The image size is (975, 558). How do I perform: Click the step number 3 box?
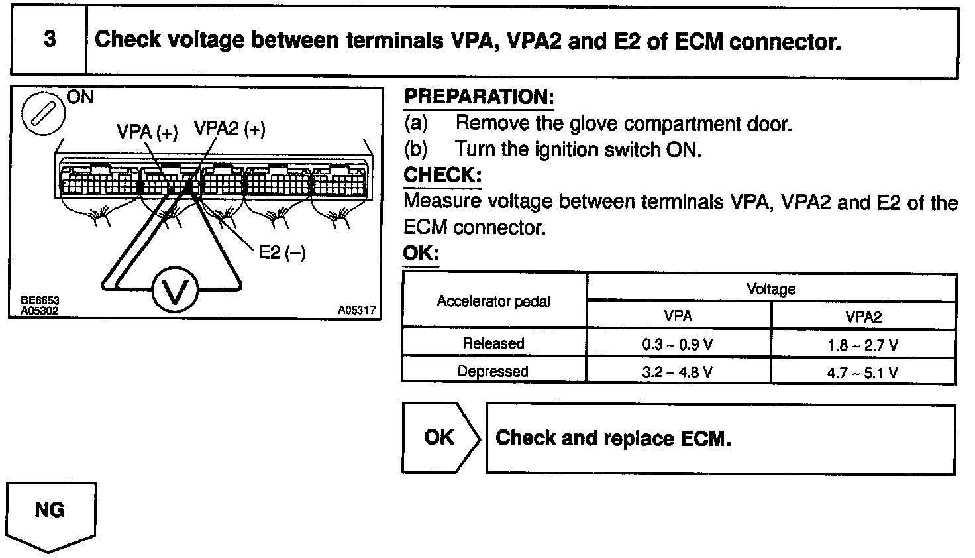click(x=50, y=40)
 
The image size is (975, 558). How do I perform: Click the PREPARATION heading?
click(x=478, y=97)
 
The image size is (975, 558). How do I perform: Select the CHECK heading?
click(x=442, y=176)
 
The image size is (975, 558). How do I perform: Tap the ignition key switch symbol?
click(x=44, y=113)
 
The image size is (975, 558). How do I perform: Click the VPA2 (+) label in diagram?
click(x=229, y=129)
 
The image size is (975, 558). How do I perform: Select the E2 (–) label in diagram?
click(x=281, y=252)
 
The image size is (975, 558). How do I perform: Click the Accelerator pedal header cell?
click(x=493, y=302)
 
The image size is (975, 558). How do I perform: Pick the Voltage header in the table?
click(x=771, y=289)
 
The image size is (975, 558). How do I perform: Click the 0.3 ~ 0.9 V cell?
click(x=678, y=345)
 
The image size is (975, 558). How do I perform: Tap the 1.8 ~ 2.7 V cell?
click(x=862, y=345)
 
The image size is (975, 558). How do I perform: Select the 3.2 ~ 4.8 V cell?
click(x=678, y=372)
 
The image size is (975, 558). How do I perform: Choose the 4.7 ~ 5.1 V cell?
click(x=862, y=372)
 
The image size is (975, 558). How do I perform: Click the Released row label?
click(x=493, y=344)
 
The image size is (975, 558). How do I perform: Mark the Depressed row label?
click(x=493, y=372)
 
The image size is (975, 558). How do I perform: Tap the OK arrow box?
click(x=440, y=437)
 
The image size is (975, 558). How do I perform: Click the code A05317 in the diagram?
click(x=356, y=310)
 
